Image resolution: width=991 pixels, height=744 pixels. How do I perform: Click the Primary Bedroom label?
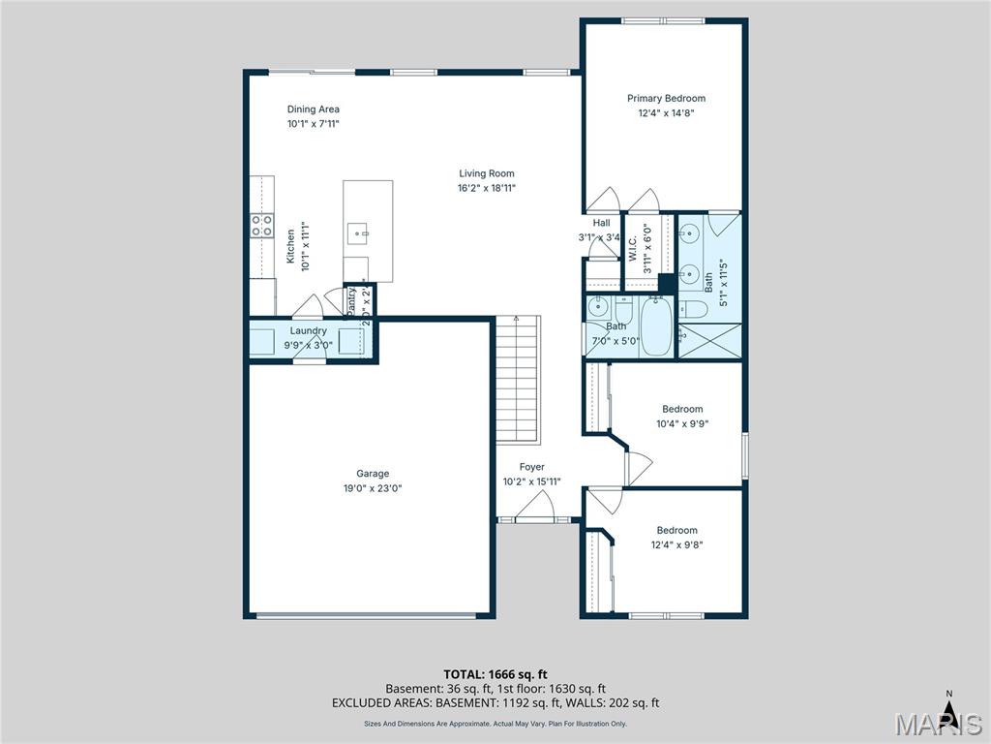pyautogui.click(x=666, y=98)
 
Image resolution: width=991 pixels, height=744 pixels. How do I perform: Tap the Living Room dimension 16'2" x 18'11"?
pyautogui.click(x=487, y=188)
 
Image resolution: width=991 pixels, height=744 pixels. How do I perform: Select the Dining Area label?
pyautogui.click(x=313, y=109)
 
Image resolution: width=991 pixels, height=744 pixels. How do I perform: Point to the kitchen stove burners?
pyautogui.click(x=261, y=227)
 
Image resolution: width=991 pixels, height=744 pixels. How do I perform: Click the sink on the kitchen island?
pyautogui.click(x=359, y=233)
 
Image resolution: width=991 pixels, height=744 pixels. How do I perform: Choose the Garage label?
pyautogui.click(x=373, y=474)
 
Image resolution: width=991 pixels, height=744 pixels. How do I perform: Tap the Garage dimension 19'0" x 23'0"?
pyautogui.click(x=373, y=488)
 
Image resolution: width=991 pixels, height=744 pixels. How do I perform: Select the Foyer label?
pyautogui.click(x=531, y=467)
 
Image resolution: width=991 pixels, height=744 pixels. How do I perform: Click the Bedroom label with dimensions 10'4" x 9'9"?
pyautogui.click(x=682, y=409)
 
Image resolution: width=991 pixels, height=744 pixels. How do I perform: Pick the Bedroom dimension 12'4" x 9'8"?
pyautogui.click(x=676, y=544)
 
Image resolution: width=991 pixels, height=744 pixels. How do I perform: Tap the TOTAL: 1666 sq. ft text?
pyautogui.click(x=495, y=673)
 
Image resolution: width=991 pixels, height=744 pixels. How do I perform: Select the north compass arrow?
pyautogui.click(x=949, y=712)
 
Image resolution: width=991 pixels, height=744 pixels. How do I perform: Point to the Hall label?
pyautogui.click(x=601, y=223)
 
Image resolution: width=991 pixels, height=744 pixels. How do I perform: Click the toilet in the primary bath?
pyautogui.click(x=692, y=310)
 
